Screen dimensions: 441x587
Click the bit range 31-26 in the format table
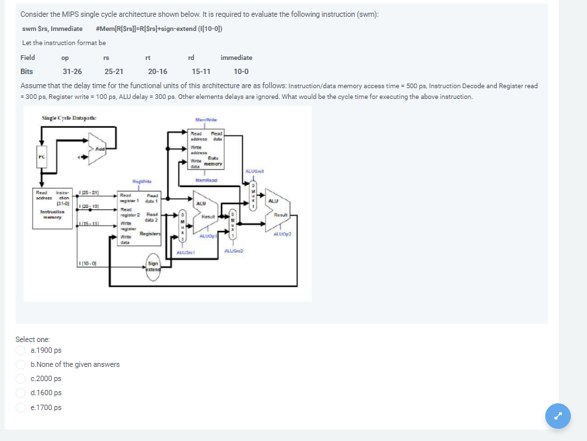(72, 71)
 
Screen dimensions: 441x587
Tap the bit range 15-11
(201, 71)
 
